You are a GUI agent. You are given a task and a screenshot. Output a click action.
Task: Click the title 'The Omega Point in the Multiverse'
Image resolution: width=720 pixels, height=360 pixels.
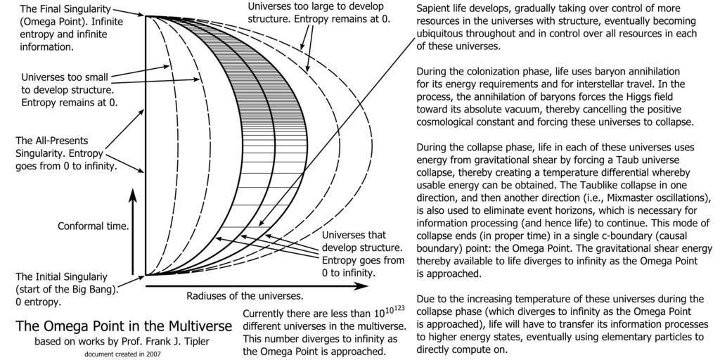(124, 327)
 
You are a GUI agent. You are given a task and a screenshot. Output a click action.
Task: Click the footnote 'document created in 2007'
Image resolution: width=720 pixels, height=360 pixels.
(123, 354)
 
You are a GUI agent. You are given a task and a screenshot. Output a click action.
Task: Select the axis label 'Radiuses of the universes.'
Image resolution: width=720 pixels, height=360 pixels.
(245, 295)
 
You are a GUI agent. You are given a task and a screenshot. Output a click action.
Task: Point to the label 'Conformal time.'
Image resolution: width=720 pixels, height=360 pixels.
(93, 226)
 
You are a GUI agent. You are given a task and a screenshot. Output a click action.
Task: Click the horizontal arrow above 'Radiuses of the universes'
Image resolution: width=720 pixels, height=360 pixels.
(256, 286)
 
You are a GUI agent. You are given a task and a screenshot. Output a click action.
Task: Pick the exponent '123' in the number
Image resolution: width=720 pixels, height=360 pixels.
(398, 307)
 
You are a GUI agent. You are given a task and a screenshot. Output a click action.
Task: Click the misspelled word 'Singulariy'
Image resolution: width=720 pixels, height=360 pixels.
(100, 277)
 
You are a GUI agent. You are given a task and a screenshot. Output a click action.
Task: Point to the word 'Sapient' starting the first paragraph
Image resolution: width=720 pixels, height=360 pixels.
(432, 9)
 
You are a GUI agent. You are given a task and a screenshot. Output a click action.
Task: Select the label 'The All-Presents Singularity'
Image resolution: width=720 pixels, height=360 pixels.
(52, 147)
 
